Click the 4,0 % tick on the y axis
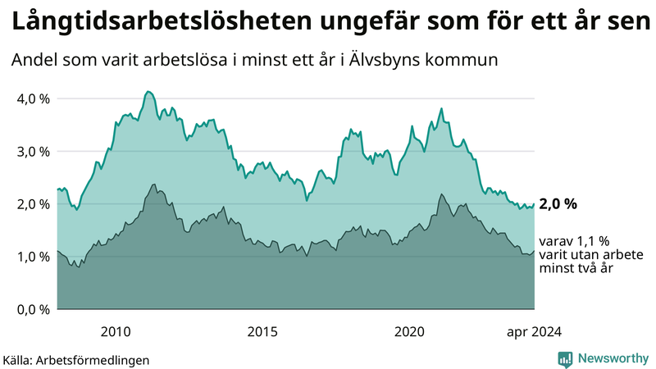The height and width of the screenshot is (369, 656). pos(33,99)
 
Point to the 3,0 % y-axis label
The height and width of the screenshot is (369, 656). pos(33,152)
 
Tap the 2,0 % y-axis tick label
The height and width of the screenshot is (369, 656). pos(33,204)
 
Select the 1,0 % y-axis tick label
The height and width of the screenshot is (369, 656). pos(33,257)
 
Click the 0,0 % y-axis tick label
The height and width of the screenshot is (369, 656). pos(33,309)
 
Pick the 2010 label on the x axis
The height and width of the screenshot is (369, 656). pos(116,331)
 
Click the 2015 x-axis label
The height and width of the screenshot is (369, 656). pos(262,331)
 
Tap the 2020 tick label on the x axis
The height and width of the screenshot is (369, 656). pos(409,331)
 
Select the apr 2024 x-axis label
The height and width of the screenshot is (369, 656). pos(533,331)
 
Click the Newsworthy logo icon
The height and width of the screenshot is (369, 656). pos(565,358)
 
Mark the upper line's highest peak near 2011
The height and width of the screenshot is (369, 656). pos(147,91)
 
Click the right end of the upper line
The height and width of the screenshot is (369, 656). pos(534,204)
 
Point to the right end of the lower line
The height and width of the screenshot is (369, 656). pos(534,252)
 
